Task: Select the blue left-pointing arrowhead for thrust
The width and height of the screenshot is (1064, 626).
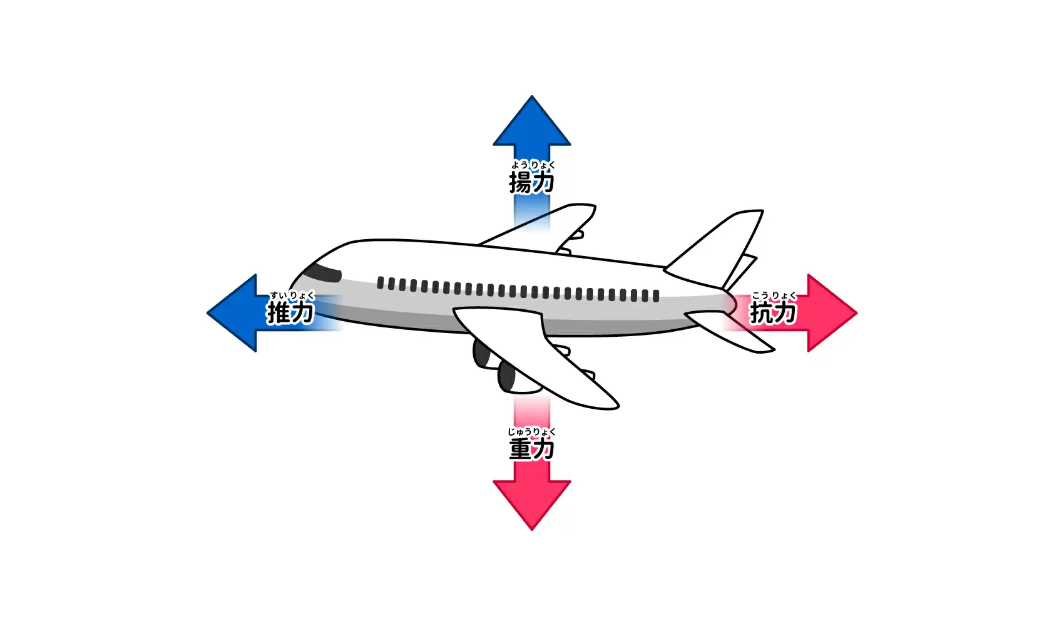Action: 232,313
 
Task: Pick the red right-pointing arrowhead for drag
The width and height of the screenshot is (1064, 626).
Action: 832,313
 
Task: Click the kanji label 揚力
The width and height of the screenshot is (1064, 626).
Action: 531,182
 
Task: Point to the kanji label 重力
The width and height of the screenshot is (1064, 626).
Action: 531,449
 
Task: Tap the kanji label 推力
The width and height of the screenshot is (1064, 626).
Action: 290,312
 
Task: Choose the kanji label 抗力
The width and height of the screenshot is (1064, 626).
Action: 773,312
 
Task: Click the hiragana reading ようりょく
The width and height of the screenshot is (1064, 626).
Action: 533,165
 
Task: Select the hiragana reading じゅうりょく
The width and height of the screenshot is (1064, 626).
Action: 531,432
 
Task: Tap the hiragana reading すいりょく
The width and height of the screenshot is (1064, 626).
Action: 292,295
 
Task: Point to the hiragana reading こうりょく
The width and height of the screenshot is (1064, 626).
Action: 774,295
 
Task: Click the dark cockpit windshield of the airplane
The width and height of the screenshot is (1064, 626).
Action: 323,273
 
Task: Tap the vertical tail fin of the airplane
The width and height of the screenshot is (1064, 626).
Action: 717,249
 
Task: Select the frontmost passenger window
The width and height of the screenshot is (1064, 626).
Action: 380,283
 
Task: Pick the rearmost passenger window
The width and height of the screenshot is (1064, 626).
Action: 656,296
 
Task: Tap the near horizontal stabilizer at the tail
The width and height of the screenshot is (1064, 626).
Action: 729,331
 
